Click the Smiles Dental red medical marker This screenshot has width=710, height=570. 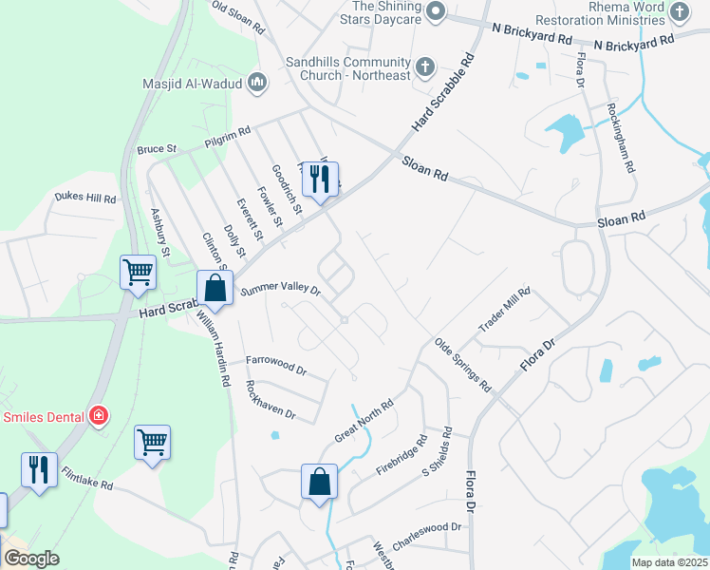[97, 416]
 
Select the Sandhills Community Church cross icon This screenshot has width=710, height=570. [424, 67]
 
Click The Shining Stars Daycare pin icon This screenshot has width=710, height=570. [436, 11]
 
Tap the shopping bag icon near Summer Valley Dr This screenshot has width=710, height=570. [215, 288]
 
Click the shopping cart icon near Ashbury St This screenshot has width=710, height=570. [138, 272]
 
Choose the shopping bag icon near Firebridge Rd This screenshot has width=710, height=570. [320, 481]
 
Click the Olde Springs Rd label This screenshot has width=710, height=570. [462, 365]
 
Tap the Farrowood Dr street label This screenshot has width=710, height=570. [277, 364]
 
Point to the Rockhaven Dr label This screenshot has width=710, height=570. [270, 400]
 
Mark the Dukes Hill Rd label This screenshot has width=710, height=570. [84, 199]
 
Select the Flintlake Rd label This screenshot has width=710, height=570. [87, 478]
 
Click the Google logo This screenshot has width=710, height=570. [32, 559]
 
